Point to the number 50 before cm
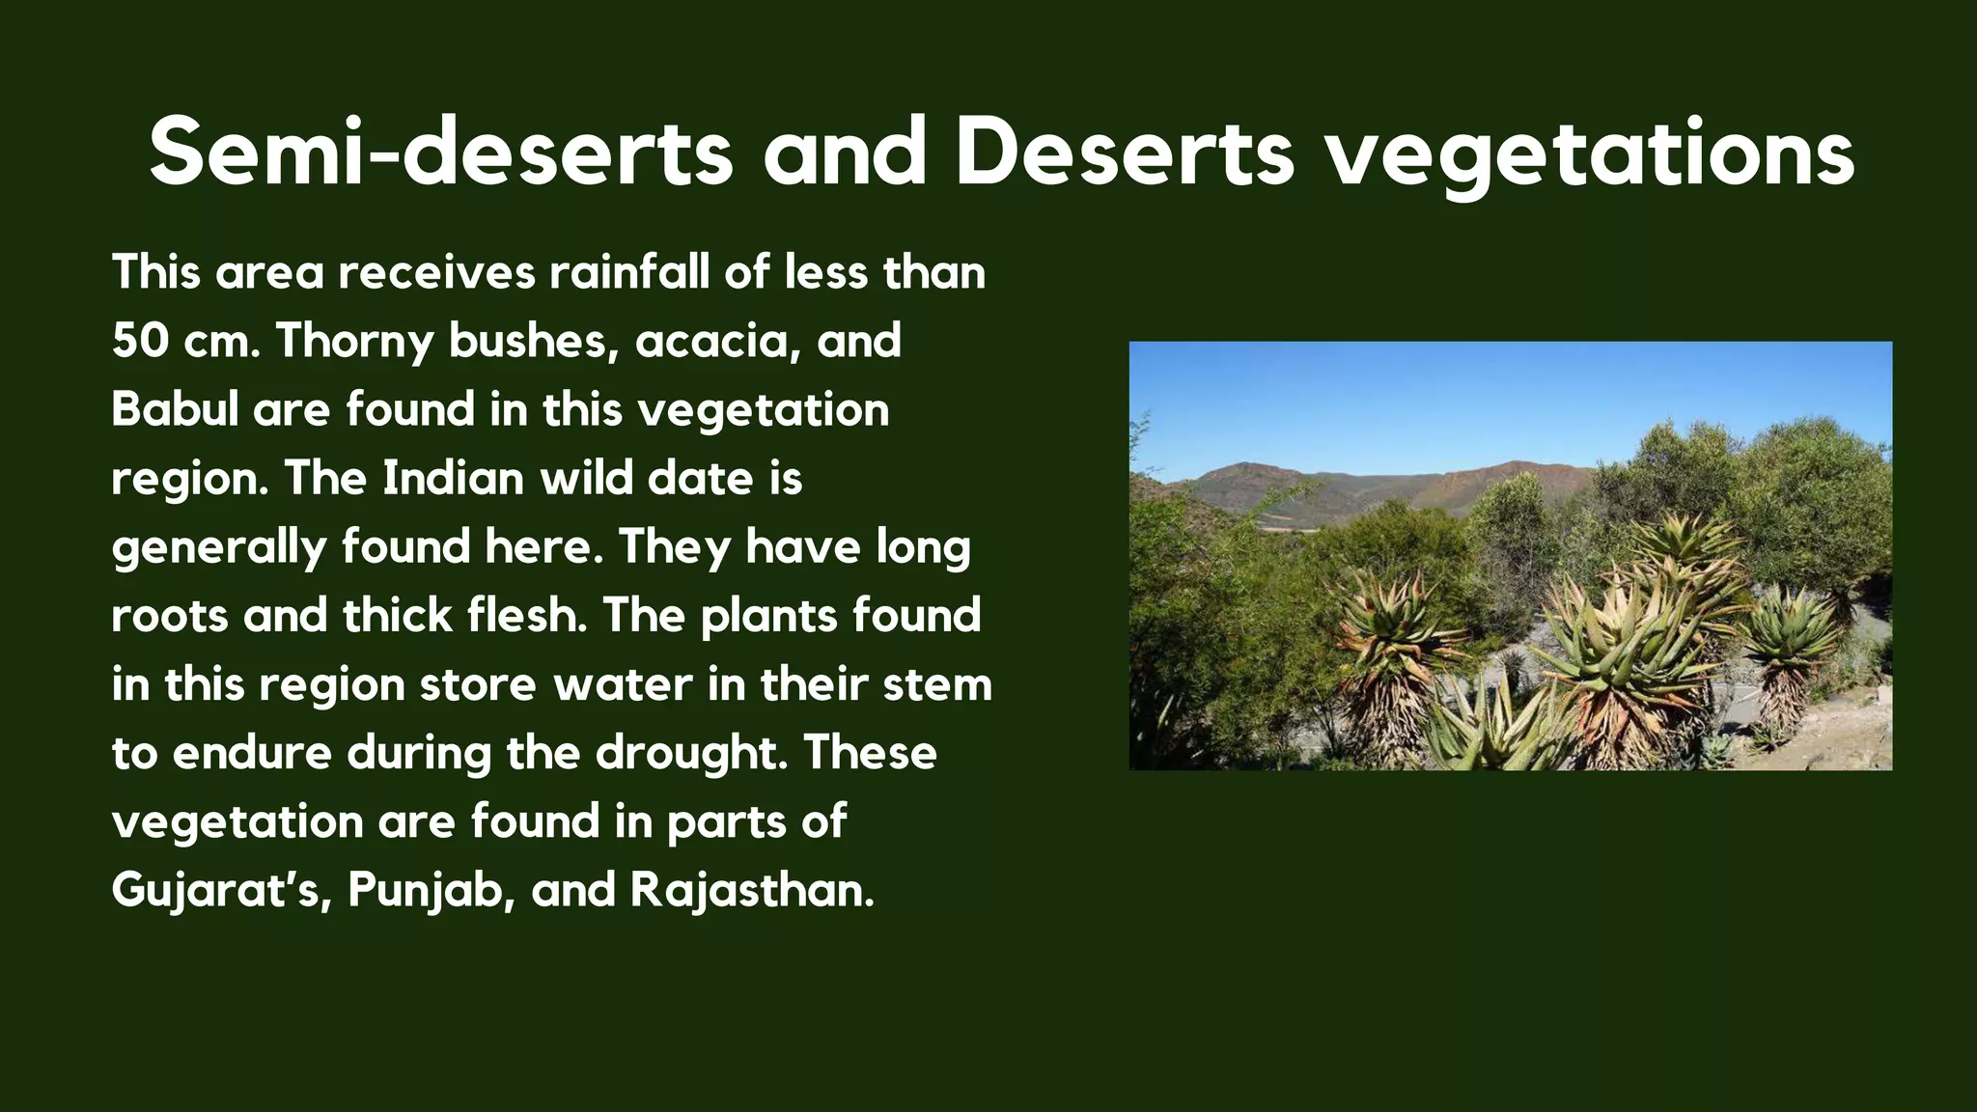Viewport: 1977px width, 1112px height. point(139,341)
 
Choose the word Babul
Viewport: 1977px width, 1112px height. point(175,409)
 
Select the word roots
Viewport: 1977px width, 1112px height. point(169,616)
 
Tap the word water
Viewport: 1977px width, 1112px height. point(623,685)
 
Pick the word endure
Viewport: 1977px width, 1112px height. point(252,753)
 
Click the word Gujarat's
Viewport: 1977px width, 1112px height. point(222,891)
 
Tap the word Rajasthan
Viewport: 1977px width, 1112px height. point(752,891)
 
